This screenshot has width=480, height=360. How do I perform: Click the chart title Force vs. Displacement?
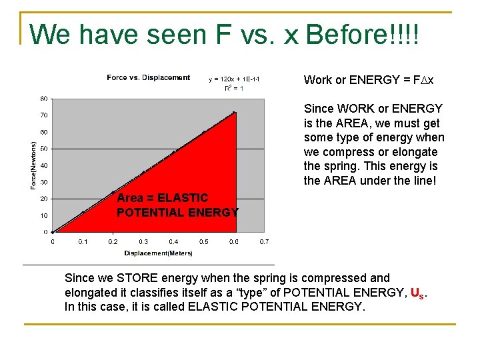[x=148, y=78]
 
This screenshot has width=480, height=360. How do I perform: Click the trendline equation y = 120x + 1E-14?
[x=234, y=79]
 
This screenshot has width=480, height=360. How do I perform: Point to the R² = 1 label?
[x=233, y=88]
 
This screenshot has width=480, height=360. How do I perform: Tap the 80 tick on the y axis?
[x=43, y=99]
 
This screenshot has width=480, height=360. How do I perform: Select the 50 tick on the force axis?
[x=43, y=149]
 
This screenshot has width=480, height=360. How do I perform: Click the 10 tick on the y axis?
[x=43, y=215]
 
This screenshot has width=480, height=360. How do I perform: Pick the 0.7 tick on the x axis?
[x=264, y=241]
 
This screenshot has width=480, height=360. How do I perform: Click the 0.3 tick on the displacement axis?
[x=143, y=241]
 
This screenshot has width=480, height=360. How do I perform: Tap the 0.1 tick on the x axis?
[x=83, y=241]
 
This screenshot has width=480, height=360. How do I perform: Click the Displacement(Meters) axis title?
[x=158, y=253]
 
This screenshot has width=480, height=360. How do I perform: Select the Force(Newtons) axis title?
[x=33, y=165]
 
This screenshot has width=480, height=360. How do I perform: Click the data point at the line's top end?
[x=234, y=113]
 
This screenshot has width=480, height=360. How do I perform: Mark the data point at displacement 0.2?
[x=113, y=192]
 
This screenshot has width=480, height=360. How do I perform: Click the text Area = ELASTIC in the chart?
[x=162, y=198]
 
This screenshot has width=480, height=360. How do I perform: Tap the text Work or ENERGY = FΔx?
[x=369, y=80]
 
